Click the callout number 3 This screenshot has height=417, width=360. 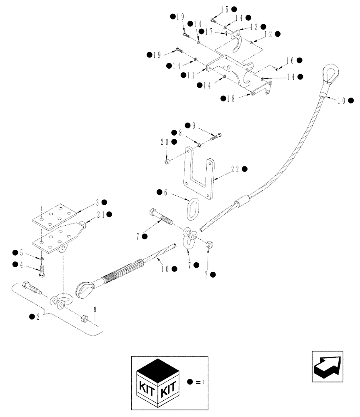(x=97, y=203)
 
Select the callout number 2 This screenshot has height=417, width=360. (x=39, y=317)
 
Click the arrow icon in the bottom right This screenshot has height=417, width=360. (x=327, y=366)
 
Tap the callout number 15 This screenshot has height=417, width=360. (x=225, y=9)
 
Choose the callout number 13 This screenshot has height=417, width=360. (x=253, y=27)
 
